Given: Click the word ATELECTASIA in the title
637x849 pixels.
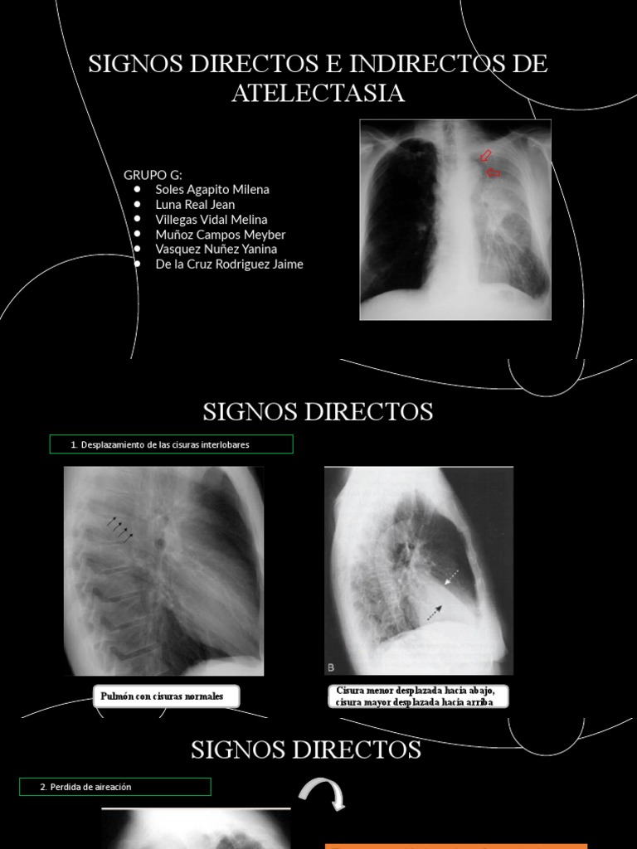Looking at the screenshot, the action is coord(318,94).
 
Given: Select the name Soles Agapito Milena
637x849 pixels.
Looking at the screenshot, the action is coord(212,189).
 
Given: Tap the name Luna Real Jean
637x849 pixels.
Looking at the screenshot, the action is coord(195,204).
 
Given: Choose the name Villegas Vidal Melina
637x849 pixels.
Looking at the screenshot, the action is coord(212,220).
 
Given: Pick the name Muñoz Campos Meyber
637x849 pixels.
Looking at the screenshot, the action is coord(220,235).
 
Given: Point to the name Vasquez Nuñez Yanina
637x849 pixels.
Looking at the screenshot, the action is coord(216,249).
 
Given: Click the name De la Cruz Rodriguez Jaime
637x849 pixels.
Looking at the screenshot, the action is coord(229,264).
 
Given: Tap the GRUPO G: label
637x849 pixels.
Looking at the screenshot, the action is coord(153,174).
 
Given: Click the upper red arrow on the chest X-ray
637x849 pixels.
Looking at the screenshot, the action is coord(485,155).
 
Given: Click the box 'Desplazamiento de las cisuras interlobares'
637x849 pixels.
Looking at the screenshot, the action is coord(171,444).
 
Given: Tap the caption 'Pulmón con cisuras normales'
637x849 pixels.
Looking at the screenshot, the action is coord(163,696).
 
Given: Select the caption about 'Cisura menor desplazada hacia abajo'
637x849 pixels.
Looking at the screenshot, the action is coord(416,696).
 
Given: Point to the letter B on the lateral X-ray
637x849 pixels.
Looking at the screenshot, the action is coord(332,667).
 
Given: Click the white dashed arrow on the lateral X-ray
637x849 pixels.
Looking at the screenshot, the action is coord(453,577).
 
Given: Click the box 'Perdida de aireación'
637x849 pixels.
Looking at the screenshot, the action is coord(115,787).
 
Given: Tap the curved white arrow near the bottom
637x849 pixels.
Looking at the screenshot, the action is coord(323,793).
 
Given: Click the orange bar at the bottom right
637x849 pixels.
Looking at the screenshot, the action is coord(456,846).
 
